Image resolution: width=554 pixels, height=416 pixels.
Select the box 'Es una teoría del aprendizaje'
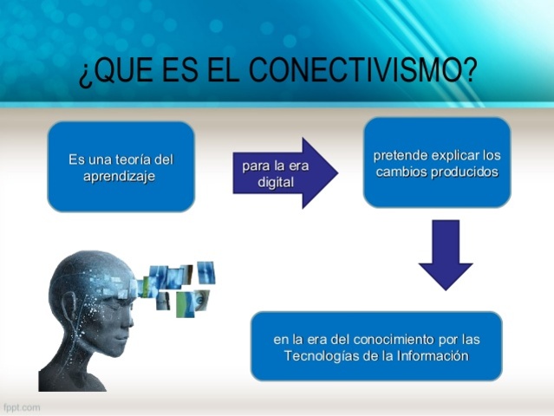pyautogui.click(x=121, y=166)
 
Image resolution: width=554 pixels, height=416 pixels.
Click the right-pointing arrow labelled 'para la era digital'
pyautogui.click(x=284, y=172)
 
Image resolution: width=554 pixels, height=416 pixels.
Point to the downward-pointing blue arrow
pyautogui.click(x=446, y=253)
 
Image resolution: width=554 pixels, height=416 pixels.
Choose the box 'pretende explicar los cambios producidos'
pyautogui.click(x=437, y=162)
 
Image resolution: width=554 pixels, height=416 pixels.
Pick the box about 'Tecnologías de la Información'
pyautogui.click(x=376, y=346)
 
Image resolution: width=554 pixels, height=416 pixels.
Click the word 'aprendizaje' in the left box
pyautogui.click(x=121, y=175)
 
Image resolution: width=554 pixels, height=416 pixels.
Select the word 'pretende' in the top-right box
pyautogui.click(x=398, y=156)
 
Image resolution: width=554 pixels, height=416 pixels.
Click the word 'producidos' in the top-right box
pyautogui.click(x=468, y=172)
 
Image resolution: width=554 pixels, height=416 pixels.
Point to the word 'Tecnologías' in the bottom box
pyautogui.click(x=320, y=354)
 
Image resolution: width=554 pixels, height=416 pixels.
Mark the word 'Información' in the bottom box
pyautogui.click(x=433, y=354)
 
